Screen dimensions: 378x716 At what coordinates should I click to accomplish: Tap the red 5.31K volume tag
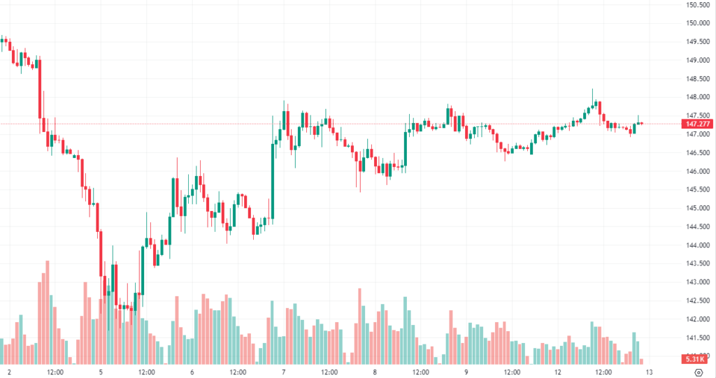[x=696, y=359]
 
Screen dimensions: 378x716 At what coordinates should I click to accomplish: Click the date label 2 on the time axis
[x=9, y=372]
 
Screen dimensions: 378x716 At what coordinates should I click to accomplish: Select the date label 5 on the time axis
[x=101, y=372]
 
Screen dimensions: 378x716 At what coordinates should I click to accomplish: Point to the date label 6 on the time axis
[x=192, y=372]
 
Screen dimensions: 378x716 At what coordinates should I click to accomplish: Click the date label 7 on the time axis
[x=284, y=372]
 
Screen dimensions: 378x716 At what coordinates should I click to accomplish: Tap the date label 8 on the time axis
[x=375, y=372]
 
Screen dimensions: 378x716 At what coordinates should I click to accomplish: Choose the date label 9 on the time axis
[x=466, y=372]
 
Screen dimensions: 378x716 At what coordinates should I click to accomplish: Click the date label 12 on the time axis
[x=558, y=372]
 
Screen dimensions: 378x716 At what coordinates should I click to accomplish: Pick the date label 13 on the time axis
[x=650, y=372]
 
